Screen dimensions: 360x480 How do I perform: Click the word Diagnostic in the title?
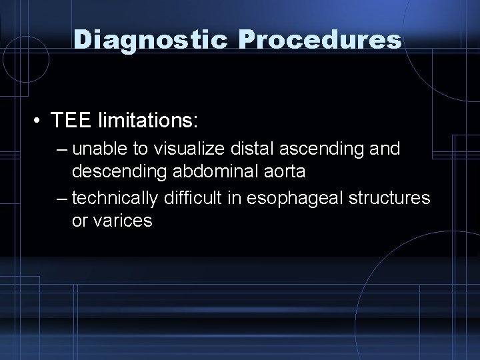click(x=153, y=39)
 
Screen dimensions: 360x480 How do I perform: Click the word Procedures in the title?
click(x=319, y=39)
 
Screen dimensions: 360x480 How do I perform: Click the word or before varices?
click(x=80, y=221)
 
